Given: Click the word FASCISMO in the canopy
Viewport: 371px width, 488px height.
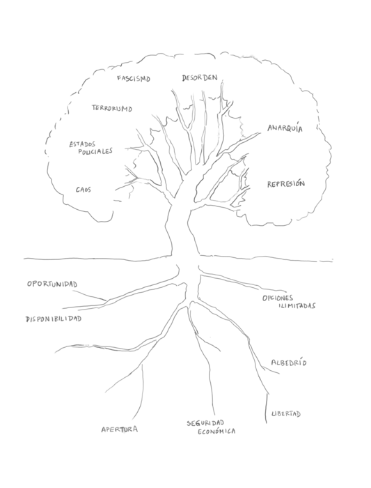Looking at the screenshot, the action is (134, 78).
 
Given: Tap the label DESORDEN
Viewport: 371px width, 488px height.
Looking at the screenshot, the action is (200, 78).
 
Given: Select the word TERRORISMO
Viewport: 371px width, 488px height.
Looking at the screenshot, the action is (112, 108).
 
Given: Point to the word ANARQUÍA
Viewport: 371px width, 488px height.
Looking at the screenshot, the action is (285, 128).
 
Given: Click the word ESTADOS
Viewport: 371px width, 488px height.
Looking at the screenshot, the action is (82, 144).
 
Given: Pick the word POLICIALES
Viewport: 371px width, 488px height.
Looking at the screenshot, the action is (95, 151).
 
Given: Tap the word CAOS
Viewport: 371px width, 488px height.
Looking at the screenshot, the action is (84, 190).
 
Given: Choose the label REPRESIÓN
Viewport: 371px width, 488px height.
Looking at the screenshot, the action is (286, 184).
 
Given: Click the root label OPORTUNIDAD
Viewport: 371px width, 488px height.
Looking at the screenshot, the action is (52, 284).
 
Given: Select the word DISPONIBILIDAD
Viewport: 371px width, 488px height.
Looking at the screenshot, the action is (54, 319).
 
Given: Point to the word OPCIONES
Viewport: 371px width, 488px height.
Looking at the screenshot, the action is (278, 298).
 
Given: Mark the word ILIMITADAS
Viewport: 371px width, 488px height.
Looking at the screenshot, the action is (297, 306).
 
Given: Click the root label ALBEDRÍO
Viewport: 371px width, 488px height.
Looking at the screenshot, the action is (289, 363).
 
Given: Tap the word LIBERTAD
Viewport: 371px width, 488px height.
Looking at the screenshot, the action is (286, 414).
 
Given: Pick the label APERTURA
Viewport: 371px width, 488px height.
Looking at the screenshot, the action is (120, 429).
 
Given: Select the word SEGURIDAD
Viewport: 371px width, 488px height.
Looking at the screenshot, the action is (205, 423).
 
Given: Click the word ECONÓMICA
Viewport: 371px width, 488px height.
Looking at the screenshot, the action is (216, 432).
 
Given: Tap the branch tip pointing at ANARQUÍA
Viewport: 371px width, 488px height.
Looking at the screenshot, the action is (260, 132).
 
